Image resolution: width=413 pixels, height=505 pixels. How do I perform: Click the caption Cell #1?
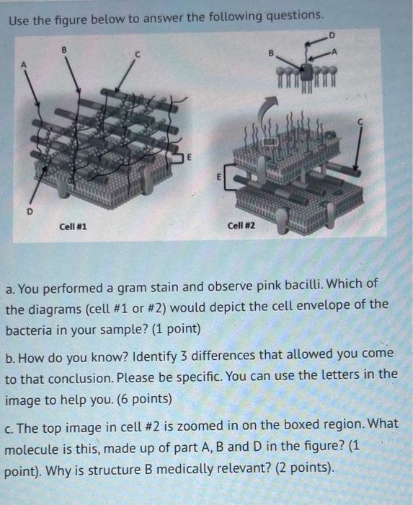pos(73,227)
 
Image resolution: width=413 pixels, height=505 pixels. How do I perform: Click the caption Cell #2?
pos(241,225)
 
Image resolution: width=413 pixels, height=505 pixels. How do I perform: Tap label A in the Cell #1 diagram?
pos(23,65)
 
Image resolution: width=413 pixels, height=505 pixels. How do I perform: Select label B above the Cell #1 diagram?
pos(64,50)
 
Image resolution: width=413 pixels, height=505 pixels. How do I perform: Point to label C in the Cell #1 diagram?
pos(138,55)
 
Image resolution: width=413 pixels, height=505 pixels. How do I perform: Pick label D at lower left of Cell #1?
pos(30,211)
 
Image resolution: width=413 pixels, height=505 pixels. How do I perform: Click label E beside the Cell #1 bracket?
pos(189,157)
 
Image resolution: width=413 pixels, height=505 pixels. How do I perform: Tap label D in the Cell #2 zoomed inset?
pos(332,35)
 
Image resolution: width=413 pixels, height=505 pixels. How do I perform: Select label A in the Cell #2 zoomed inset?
pos(334,51)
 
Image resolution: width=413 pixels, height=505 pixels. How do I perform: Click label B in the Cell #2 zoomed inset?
pos(271,53)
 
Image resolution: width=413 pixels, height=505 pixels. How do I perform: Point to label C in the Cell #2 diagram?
pos(360,122)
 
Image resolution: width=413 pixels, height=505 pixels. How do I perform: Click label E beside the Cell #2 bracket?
pos(218,177)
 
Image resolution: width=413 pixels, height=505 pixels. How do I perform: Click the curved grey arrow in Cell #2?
pos(266,108)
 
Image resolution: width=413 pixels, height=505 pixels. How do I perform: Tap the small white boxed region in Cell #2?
pos(270,141)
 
